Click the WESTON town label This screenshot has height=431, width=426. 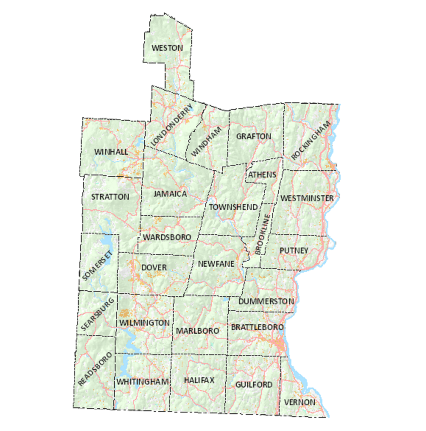(167, 48)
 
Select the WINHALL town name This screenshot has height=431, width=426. (111, 151)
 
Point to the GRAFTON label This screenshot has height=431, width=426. (254, 136)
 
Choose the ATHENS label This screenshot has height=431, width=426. (262, 174)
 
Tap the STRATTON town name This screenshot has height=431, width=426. (110, 196)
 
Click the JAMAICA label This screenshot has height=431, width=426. (170, 194)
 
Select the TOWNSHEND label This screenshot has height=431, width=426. (233, 207)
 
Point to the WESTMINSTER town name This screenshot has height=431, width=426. (307, 198)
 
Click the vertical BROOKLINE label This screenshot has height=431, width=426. (263, 234)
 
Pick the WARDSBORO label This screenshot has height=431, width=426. (167, 237)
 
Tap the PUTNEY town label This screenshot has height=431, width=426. (294, 250)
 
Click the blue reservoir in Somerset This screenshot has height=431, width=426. (105, 241)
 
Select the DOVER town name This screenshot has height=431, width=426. (154, 267)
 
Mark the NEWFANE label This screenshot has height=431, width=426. (214, 263)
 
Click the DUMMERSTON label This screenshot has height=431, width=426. (266, 301)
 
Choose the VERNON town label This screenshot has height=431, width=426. (299, 402)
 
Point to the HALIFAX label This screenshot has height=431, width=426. (199, 380)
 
